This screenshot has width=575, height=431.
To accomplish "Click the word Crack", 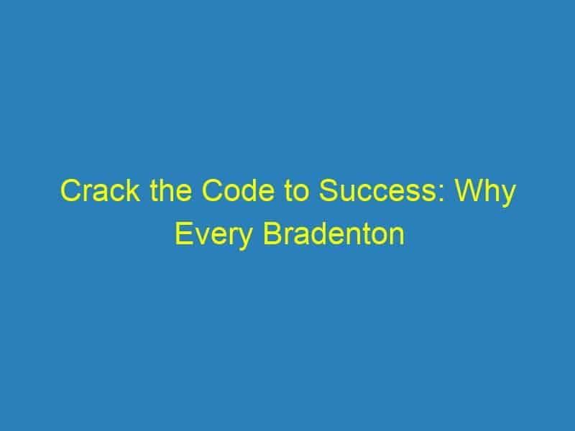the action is [100, 190].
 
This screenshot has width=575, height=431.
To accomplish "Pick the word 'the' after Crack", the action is [171, 190].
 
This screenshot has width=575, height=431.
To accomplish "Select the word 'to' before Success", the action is [296, 191].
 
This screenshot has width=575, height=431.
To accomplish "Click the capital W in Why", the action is [470, 190].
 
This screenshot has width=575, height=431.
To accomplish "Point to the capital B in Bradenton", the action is [272, 233].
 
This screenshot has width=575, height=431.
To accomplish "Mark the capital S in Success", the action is [328, 190].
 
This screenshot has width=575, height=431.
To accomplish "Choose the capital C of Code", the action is [212, 190].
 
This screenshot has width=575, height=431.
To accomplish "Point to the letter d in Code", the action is [249, 190].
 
